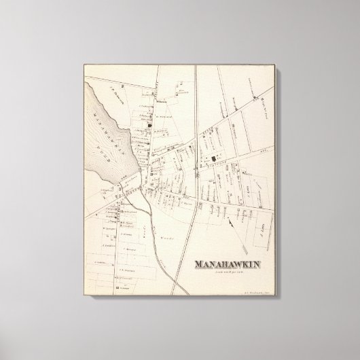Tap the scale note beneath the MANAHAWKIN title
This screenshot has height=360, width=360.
(x=229, y=272)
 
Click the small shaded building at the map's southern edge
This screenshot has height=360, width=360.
(x=118, y=289)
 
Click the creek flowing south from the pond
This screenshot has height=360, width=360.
(x=151, y=211)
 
